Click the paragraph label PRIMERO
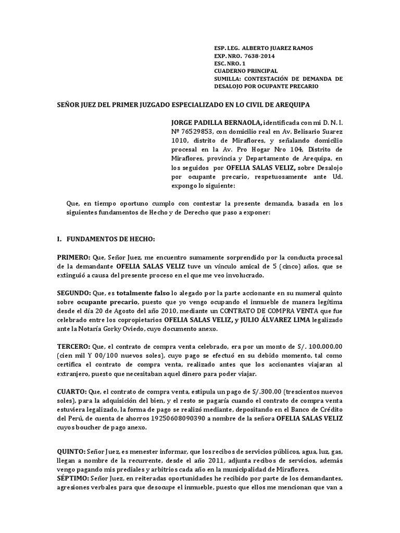tap(73, 243)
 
